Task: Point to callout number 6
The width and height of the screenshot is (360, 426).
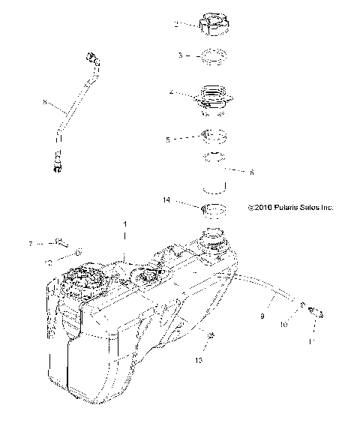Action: pyautogui.click(x=252, y=172)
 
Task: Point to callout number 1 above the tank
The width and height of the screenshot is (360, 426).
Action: pyautogui.click(x=125, y=224)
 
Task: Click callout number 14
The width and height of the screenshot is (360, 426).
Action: pyautogui.click(x=166, y=201)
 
